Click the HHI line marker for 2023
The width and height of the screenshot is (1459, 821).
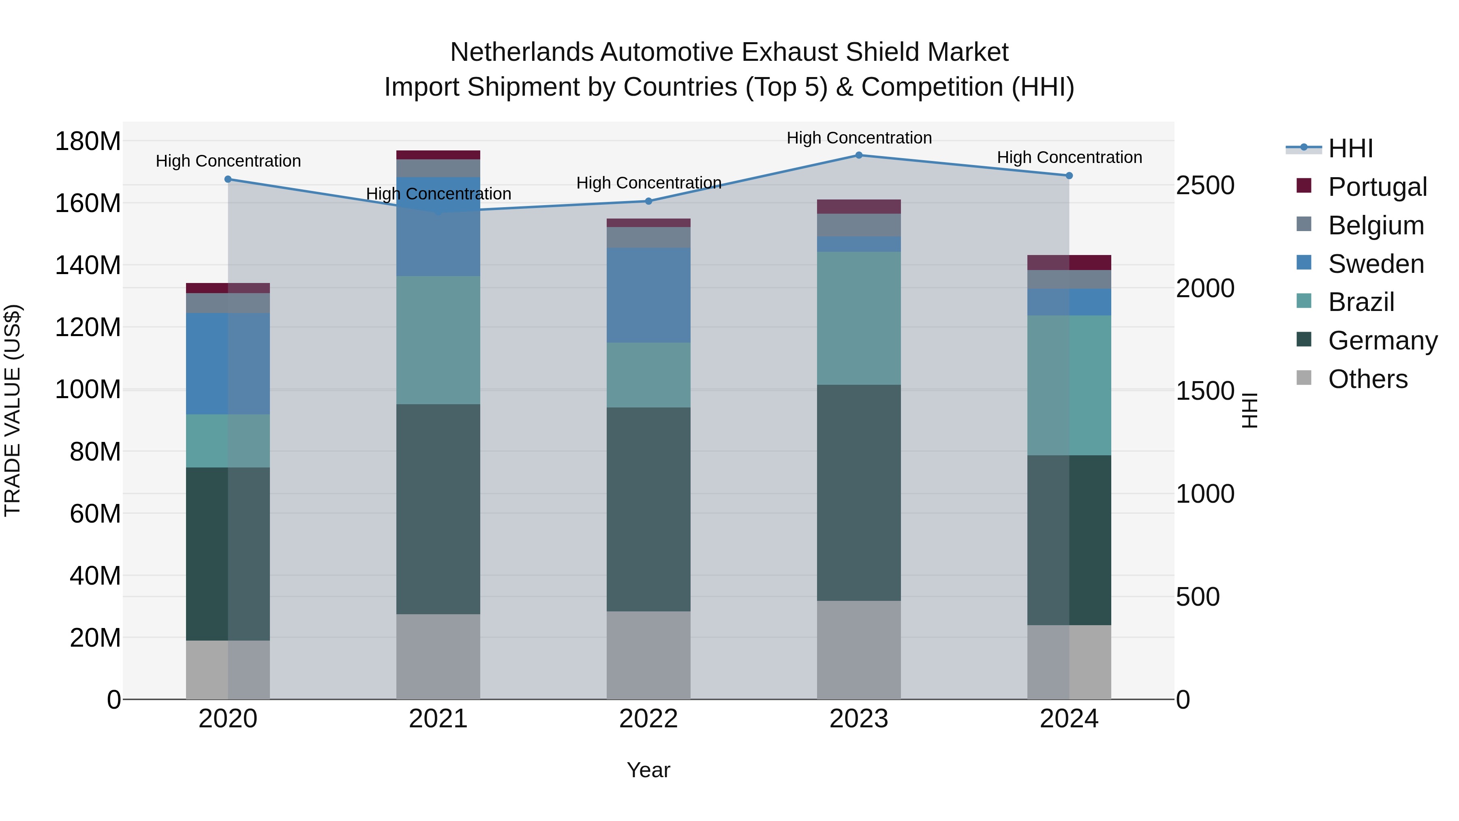click(x=859, y=155)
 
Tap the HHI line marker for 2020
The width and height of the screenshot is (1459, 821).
click(x=228, y=179)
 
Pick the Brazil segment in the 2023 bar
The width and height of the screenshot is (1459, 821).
click(x=859, y=318)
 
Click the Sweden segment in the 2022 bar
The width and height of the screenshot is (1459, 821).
click(x=648, y=295)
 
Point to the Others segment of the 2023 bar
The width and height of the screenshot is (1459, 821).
click(x=859, y=650)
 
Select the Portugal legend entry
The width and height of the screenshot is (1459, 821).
click(x=1377, y=187)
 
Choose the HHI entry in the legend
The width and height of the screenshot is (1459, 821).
click(x=1350, y=148)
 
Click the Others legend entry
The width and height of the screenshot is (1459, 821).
click(x=1367, y=379)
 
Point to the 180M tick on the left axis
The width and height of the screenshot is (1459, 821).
click(x=88, y=141)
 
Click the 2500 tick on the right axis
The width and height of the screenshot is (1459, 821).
click(x=1205, y=185)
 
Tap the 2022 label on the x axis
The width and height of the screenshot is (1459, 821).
click(x=648, y=719)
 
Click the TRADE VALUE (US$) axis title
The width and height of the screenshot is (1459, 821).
click(x=13, y=410)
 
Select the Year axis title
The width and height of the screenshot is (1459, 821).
click(x=648, y=770)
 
